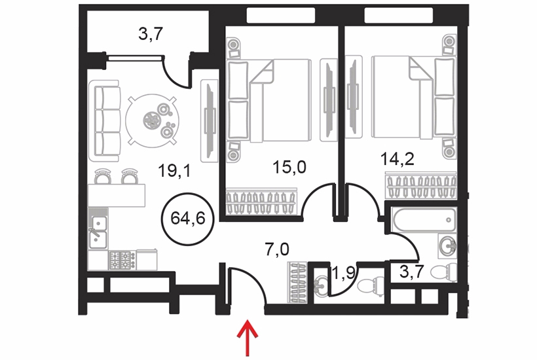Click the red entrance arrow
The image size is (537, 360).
248,338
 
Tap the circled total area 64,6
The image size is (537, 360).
188,219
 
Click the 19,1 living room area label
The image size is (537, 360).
174,171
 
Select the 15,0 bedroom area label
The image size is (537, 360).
289,168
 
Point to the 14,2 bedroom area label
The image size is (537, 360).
398,159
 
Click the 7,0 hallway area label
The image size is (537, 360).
277,249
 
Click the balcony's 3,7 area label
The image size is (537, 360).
151,34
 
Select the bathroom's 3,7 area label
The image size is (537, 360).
412,272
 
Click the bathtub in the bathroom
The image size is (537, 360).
425,220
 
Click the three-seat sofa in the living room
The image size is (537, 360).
105,121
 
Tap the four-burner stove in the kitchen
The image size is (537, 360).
122,260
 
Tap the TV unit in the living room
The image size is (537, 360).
210,120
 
